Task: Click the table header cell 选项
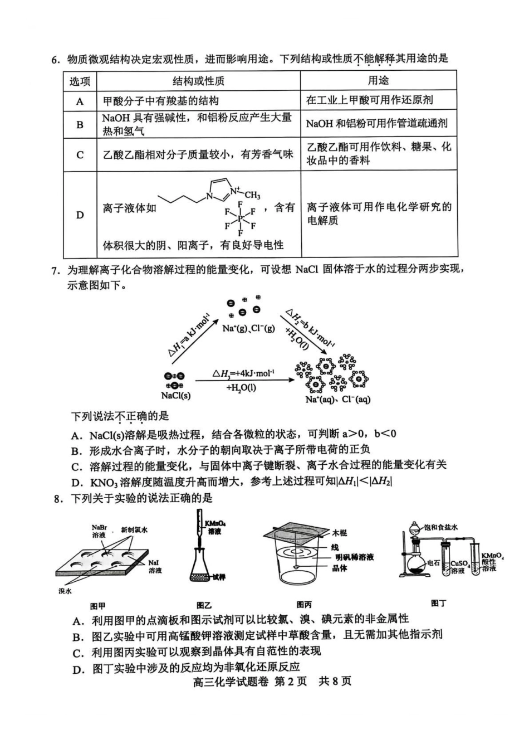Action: (80, 81)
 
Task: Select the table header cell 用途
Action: (378, 81)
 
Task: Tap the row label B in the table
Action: (80, 124)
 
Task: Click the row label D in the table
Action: (80, 215)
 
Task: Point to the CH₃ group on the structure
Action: (252, 195)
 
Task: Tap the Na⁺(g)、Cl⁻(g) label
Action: (248, 328)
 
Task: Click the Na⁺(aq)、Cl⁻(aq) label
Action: (337, 400)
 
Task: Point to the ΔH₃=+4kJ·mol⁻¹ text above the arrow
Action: (243, 373)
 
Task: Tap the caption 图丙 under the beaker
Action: (303, 605)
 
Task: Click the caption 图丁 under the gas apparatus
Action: (439, 603)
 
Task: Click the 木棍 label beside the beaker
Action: (339, 533)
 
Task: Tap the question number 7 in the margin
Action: (55, 271)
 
